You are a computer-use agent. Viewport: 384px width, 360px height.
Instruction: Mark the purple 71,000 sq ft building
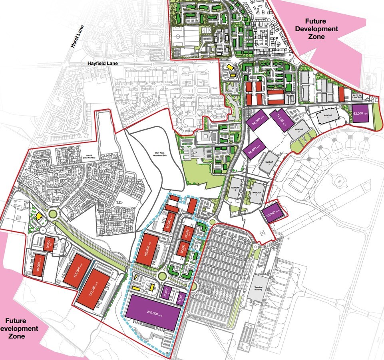tap(281, 119)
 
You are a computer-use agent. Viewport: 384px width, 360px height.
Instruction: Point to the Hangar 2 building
tap(296, 130)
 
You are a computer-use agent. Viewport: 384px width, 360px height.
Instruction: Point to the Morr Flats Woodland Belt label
tap(153, 154)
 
